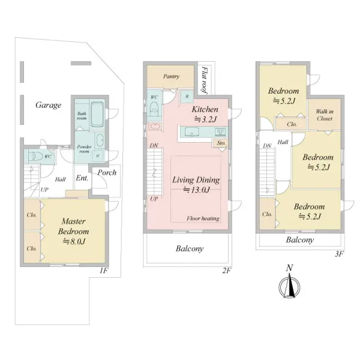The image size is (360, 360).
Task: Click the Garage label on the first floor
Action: point(48,105)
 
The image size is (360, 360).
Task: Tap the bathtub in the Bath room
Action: point(97,114)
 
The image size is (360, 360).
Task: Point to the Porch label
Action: point(107,173)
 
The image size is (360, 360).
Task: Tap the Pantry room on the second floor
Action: point(170,76)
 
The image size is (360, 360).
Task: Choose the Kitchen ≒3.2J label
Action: point(205,114)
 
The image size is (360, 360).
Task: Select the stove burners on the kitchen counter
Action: point(220,132)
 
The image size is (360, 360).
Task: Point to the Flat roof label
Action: point(204,80)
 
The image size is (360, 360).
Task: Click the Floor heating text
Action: point(203,218)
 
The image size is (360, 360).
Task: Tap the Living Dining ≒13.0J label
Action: point(196,185)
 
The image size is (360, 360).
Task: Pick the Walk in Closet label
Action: point(325,115)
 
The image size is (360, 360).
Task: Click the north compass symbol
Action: point(290,284)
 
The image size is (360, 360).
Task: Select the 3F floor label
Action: point(340,254)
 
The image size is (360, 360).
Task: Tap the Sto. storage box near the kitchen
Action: point(221,143)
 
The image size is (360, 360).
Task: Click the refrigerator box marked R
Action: point(187,97)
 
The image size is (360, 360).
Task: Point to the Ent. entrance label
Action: point(82,178)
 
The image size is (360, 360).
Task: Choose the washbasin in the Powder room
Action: point(100,140)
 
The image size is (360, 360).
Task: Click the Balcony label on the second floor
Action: point(190,248)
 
